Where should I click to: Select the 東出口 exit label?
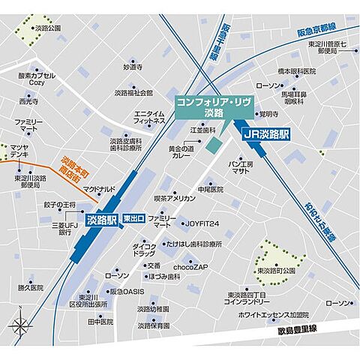(135, 218)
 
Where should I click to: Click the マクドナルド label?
(99, 189)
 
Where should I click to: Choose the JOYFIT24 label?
(202, 223)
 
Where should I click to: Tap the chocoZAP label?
(190, 265)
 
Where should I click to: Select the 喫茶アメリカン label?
(175, 198)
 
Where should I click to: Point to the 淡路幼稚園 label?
(158, 308)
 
